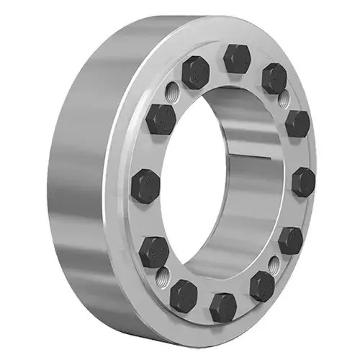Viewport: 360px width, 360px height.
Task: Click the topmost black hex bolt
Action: point(235,58)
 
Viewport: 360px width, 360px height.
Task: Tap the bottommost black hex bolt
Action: point(223,307)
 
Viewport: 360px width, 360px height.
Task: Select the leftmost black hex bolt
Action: point(145,186)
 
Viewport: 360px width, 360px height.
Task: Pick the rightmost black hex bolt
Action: point(304,181)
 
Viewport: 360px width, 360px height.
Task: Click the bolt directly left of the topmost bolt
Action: point(195,72)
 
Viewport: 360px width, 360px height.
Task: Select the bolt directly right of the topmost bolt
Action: point(274,77)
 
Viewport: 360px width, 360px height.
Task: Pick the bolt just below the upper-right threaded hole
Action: point(297,124)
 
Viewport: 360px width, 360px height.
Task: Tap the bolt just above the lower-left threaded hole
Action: point(154,251)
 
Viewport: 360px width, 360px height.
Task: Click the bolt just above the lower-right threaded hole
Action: point(290,239)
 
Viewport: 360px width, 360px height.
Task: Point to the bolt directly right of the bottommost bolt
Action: point(262,286)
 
